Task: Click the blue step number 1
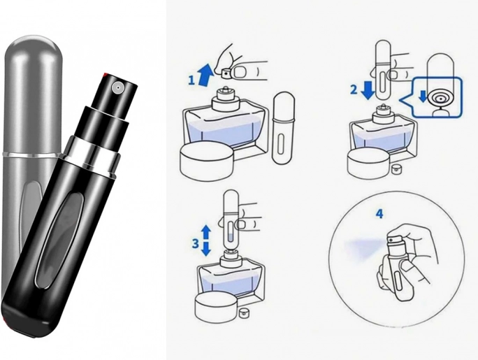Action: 191,80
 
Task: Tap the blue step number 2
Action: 354,90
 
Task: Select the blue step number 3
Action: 195,243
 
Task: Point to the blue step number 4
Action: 379,214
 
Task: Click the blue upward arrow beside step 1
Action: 205,74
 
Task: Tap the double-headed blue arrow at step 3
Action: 206,240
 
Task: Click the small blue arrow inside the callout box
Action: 423,96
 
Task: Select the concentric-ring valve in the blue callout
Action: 440,99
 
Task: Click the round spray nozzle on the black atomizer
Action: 117,87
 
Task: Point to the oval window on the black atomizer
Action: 60,241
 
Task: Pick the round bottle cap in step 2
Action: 370,162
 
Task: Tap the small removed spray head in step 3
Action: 243,313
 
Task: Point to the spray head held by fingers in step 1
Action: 226,74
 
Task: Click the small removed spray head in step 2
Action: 396,168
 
